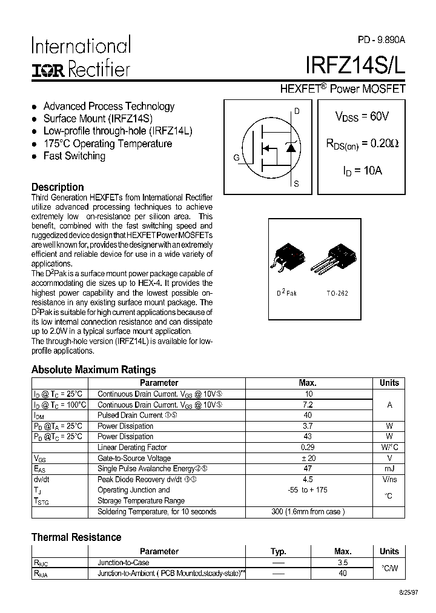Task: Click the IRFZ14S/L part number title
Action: click(355, 65)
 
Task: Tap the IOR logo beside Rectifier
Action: click(48, 70)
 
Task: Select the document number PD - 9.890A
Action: click(381, 39)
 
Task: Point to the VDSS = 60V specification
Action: click(362, 116)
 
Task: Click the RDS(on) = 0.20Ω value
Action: click(362, 144)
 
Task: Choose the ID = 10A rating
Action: click(362, 171)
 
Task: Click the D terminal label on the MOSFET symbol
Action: click(297, 111)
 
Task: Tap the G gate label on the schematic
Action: click(236, 158)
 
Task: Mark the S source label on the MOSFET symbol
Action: click(296, 184)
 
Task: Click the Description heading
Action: click(58, 187)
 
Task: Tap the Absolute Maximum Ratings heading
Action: click(93, 369)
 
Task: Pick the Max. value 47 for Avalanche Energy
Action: click(308, 469)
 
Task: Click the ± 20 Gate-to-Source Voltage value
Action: click(308, 458)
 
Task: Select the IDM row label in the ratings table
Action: click(40, 416)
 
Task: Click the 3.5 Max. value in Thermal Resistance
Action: click(343, 563)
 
